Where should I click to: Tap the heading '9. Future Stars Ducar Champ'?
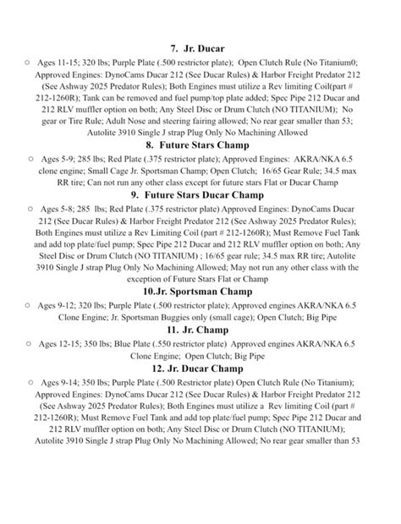200,195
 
